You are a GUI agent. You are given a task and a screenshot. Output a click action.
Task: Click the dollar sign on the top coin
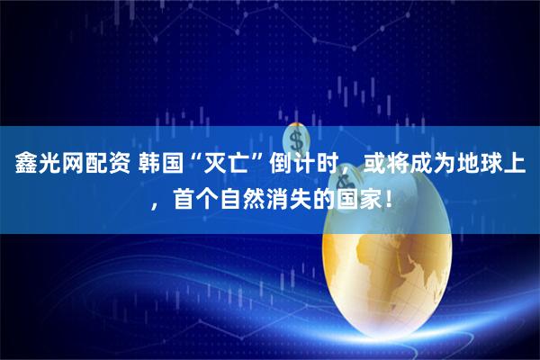point(298,139)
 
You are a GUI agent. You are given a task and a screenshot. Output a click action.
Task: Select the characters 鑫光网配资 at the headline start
point(64,166)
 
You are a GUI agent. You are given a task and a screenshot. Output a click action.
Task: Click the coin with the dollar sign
point(298,140)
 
